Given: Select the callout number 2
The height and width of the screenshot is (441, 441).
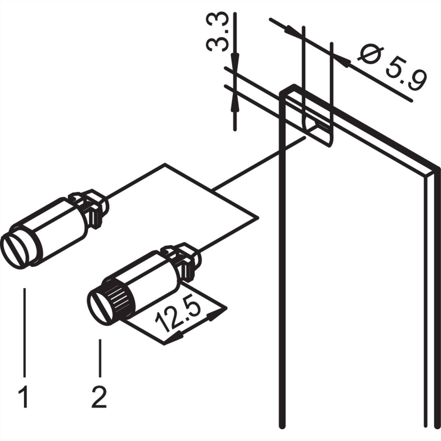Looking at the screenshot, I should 99,396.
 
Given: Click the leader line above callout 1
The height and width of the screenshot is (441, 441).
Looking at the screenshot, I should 25,331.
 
